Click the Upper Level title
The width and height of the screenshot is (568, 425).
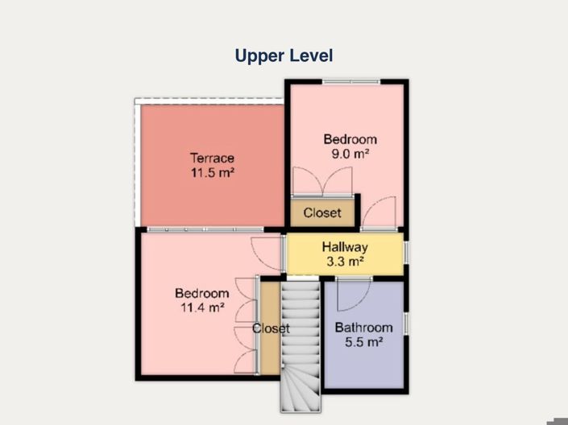pyautogui.click(x=284, y=56)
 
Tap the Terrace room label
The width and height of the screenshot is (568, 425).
pyautogui.click(x=212, y=159)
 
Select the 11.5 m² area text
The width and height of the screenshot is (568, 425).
pyautogui.click(x=213, y=173)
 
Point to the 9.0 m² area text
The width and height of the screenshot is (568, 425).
pyautogui.click(x=350, y=154)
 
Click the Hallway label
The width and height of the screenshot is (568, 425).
pyautogui.click(x=345, y=247)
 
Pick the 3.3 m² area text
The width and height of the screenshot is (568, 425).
pyautogui.click(x=345, y=262)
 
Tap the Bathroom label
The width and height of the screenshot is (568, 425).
pyautogui.click(x=363, y=328)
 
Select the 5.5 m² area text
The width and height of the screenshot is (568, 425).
pyautogui.click(x=363, y=342)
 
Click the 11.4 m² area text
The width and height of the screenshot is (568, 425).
pyautogui.click(x=202, y=307)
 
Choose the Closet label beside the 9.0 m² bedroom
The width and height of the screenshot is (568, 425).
pyautogui.click(x=322, y=212)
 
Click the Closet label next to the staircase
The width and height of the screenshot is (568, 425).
pyautogui.click(x=271, y=328)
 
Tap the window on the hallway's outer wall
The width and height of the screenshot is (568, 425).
pyautogui.click(x=406, y=251)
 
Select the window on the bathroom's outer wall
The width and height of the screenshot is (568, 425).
pyautogui.click(x=406, y=323)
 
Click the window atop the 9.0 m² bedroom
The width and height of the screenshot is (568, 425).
pyautogui.click(x=351, y=82)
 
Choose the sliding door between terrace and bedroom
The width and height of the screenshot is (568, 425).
pyautogui.click(x=205, y=229)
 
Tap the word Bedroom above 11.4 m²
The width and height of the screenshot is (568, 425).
pyautogui.click(x=202, y=293)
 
